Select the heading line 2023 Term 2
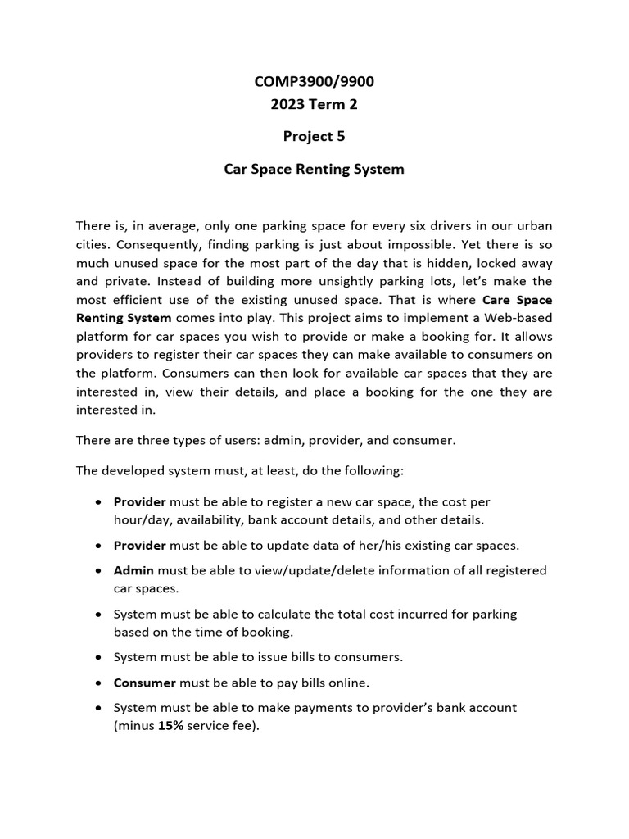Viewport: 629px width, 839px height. click(314, 104)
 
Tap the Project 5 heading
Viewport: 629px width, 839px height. click(314, 137)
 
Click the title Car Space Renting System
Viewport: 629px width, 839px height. click(314, 170)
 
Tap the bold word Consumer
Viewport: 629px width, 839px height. click(145, 682)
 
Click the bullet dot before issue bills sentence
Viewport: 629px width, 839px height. click(99, 657)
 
